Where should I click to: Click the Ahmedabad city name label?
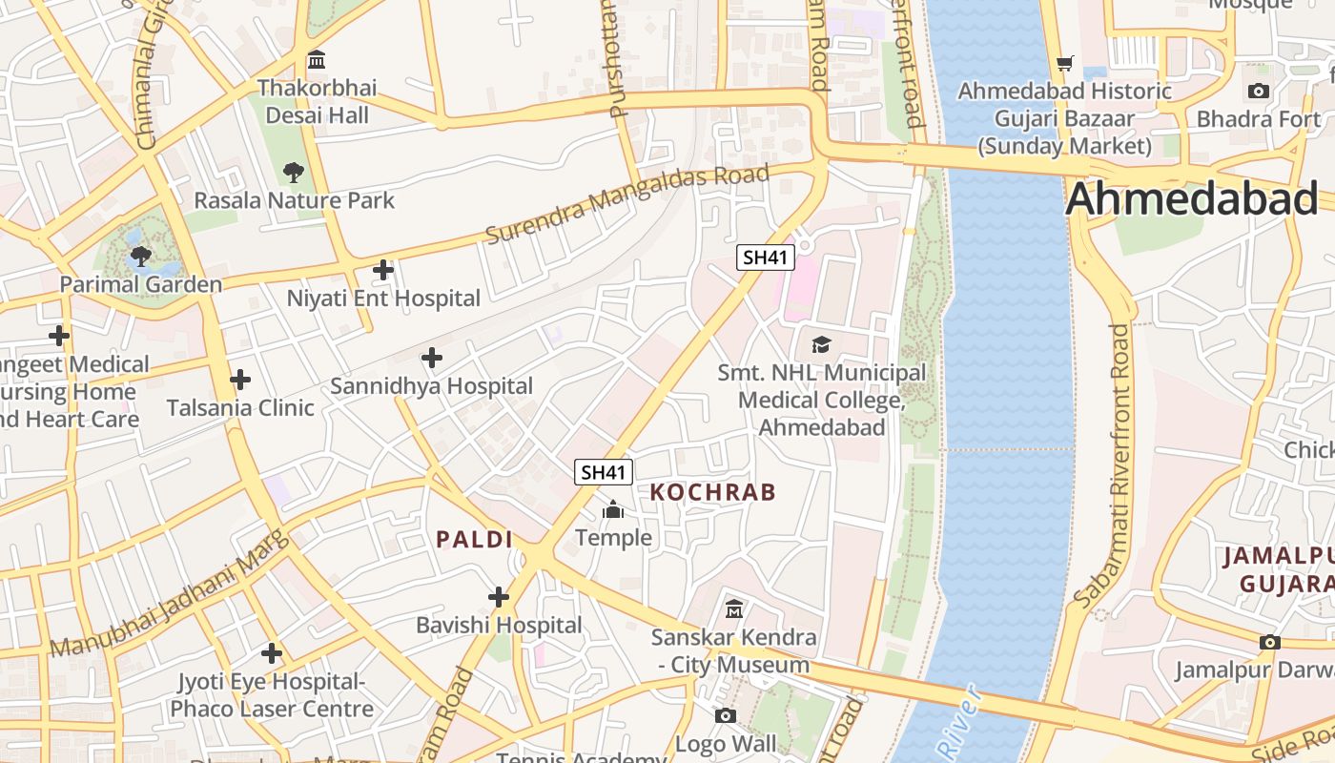pos(1192,199)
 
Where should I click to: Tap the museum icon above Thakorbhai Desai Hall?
pos(318,60)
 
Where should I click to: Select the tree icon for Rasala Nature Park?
pos(294,173)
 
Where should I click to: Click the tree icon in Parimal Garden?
pos(141,256)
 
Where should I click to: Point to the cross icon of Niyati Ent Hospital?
pos(383,270)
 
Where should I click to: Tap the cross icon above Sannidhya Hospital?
pos(432,358)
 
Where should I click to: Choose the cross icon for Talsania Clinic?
pos(240,380)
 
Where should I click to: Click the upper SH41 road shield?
pos(766,257)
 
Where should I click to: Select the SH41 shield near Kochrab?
pos(604,471)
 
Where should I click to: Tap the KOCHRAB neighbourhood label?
pos(713,492)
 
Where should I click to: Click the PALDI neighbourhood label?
pos(475,539)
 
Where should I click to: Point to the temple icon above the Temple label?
pos(613,510)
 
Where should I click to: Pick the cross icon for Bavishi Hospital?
pos(499,597)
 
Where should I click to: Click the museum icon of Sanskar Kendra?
pos(734,608)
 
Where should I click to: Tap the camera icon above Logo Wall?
pos(726,715)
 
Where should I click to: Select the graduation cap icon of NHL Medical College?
pos(821,344)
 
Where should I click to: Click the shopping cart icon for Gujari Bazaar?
pos(1065,63)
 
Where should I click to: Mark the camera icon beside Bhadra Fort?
pos(1259,91)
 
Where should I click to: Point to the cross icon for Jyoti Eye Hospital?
pos(272,653)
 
